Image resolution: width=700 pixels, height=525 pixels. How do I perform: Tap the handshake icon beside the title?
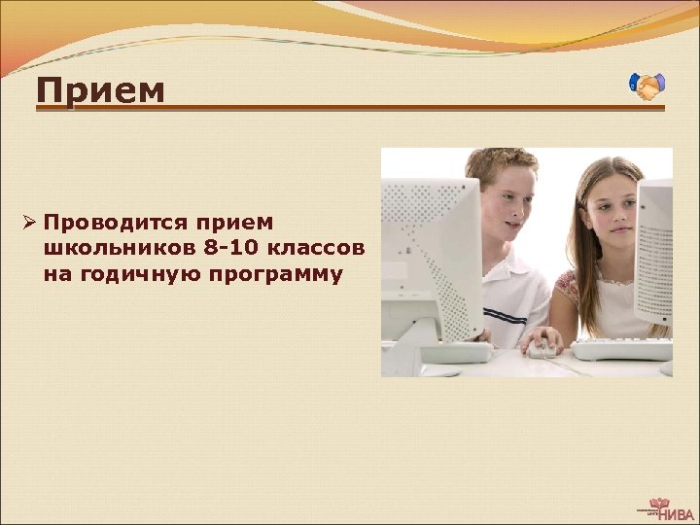coord(647,87)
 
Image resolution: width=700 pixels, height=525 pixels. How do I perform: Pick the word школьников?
coord(122,249)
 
